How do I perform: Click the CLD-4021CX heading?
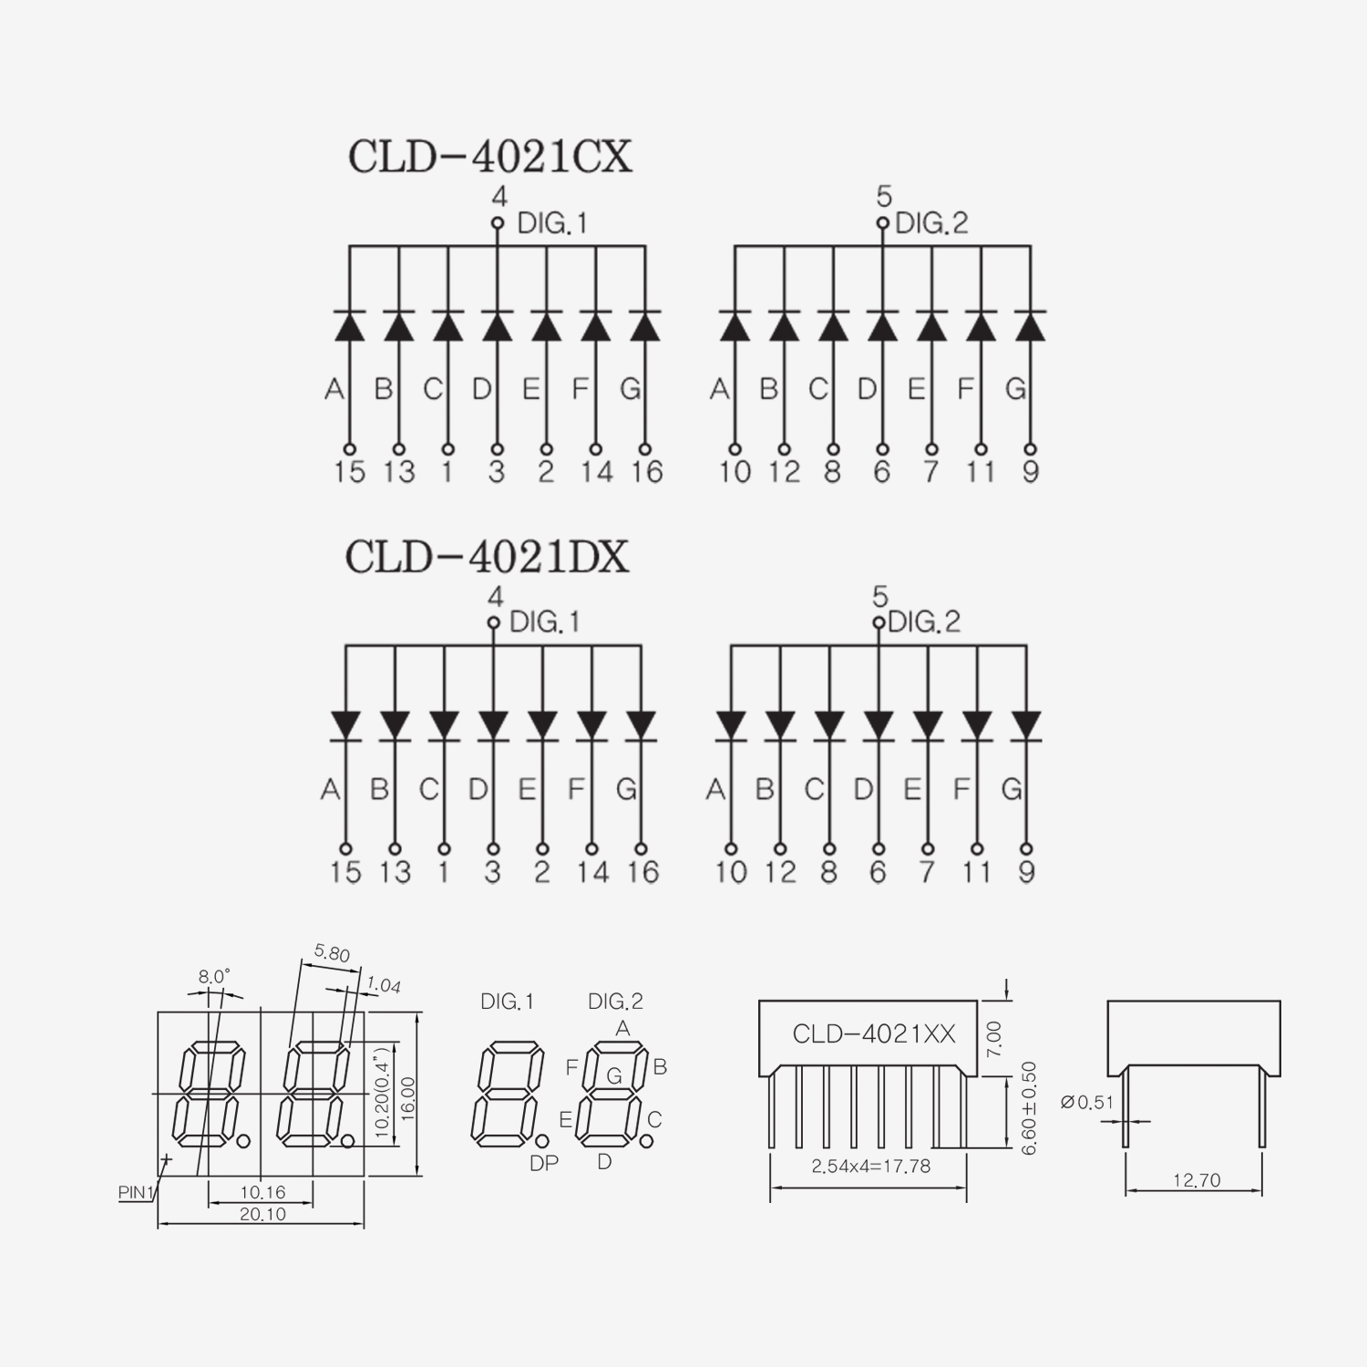489,157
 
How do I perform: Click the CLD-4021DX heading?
488,557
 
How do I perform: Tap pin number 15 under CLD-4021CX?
349,472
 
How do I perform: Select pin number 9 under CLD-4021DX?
1026,872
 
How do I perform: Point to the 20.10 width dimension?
262,1214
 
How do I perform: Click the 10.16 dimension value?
262,1192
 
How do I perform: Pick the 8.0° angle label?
214,977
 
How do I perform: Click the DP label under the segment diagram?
543,1164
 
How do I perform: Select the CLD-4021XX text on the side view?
874,1033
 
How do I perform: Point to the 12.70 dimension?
1196,1180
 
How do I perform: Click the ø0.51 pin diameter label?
1087,1102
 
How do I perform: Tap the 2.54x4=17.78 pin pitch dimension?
871,1166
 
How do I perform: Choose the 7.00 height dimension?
994,1038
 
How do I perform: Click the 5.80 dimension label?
332,953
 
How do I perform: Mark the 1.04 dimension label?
384,984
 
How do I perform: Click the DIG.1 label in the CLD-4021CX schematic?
552,223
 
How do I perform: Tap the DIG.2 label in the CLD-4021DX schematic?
924,622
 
